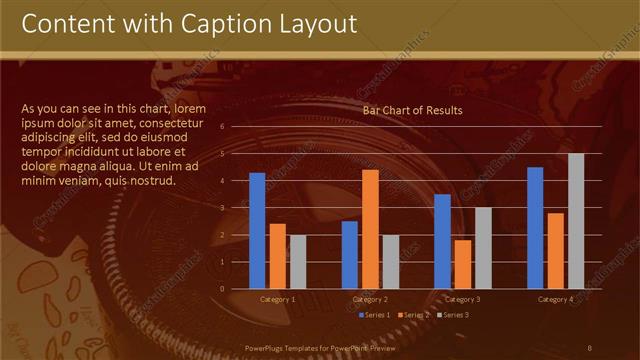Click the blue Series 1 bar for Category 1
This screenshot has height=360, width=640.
pyautogui.click(x=257, y=230)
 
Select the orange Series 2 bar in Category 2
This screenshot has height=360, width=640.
pyautogui.click(x=370, y=229)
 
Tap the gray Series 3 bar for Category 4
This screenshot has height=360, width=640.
pyautogui.click(x=576, y=221)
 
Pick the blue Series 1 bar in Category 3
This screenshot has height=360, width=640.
pyautogui.click(x=442, y=241)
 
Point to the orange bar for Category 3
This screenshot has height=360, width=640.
pyautogui.click(x=463, y=264)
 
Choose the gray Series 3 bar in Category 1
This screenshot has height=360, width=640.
pyautogui.click(x=298, y=261)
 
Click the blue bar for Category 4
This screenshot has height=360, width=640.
pyautogui.click(x=535, y=227)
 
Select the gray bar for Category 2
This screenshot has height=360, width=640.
pyautogui.click(x=390, y=261)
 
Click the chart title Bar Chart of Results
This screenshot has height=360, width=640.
pyautogui.click(x=412, y=111)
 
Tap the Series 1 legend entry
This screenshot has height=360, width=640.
pyautogui.click(x=375, y=315)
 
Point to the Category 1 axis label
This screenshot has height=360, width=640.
pyautogui.click(x=278, y=299)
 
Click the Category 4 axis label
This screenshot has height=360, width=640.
pyautogui.click(x=555, y=299)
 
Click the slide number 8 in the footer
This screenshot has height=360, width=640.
pyautogui.click(x=589, y=346)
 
